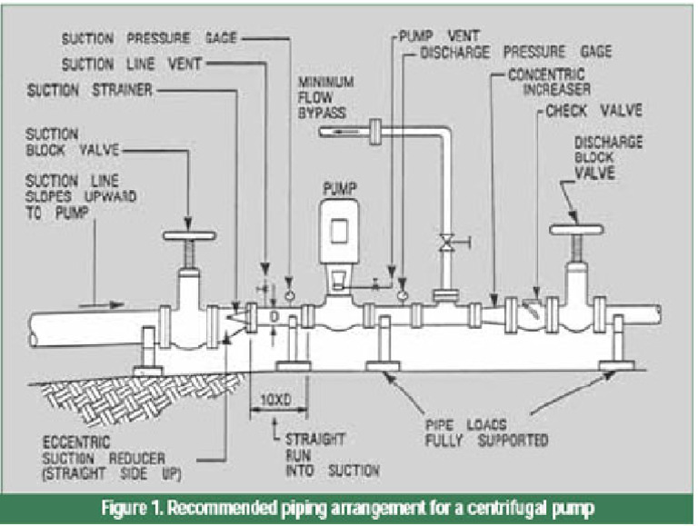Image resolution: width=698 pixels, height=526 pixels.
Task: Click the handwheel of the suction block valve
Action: click(x=189, y=236)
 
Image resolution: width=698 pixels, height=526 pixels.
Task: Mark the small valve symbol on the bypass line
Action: click(x=446, y=243)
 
